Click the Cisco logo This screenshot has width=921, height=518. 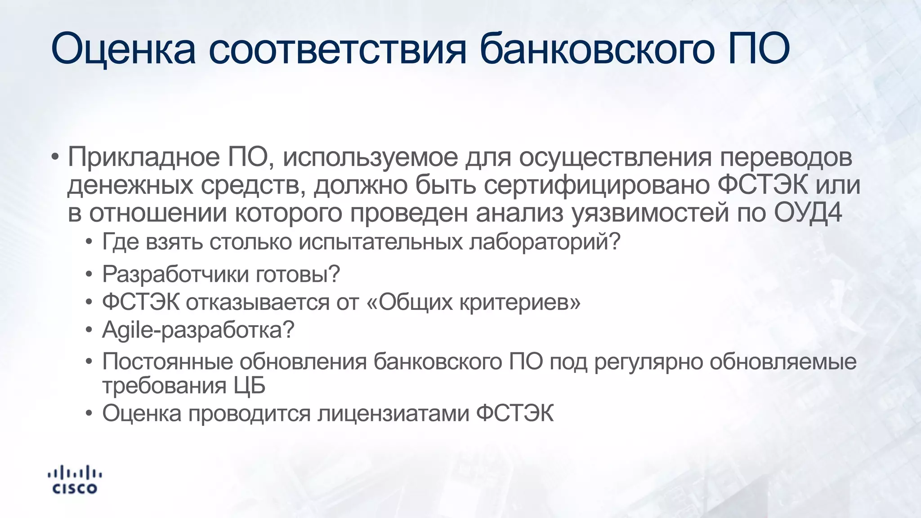(74, 480)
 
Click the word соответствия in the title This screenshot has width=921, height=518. (337, 49)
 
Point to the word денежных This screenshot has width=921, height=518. (130, 185)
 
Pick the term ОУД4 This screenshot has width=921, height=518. (808, 213)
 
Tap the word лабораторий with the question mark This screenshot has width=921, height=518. (545, 242)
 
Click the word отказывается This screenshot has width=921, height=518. (258, 302)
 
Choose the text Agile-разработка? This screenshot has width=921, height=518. (198, 330)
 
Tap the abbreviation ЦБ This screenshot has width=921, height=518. (249, 386)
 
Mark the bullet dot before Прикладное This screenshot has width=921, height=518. (55, 158)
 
